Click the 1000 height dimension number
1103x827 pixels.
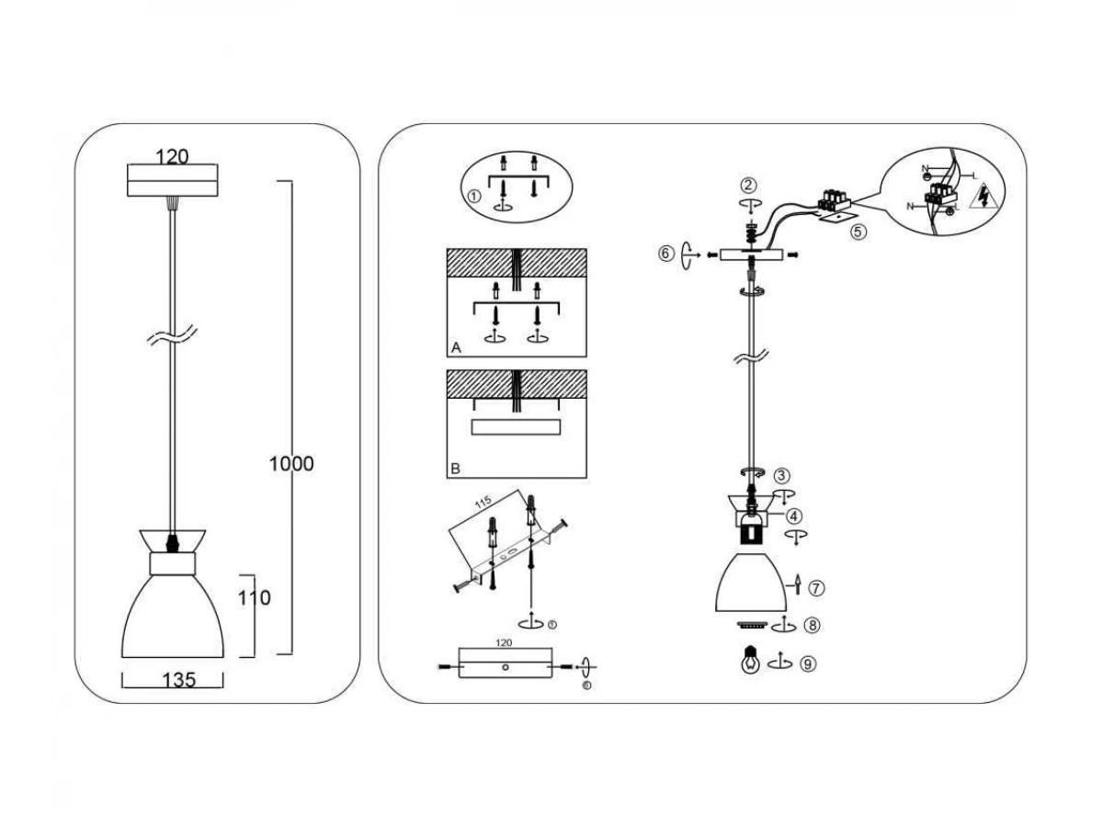point(291,464)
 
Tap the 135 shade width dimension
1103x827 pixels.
point(178,680)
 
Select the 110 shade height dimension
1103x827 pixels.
point(254,598)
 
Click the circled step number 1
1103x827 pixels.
point(474,197)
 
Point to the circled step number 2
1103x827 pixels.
point(750,187)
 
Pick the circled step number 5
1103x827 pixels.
point(858,232)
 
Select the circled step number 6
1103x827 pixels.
point(666,254)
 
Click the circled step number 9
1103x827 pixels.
point(807,663)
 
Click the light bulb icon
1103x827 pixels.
point(751,661)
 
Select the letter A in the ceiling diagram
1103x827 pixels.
point(456,347)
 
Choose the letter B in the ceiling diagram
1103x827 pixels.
point(455,469)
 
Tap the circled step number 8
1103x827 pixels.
point(811,626)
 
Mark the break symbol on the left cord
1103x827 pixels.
point(173,338)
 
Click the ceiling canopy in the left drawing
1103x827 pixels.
point(172,180)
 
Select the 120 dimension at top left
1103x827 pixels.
point(172,156)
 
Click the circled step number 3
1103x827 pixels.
point(781,476)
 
